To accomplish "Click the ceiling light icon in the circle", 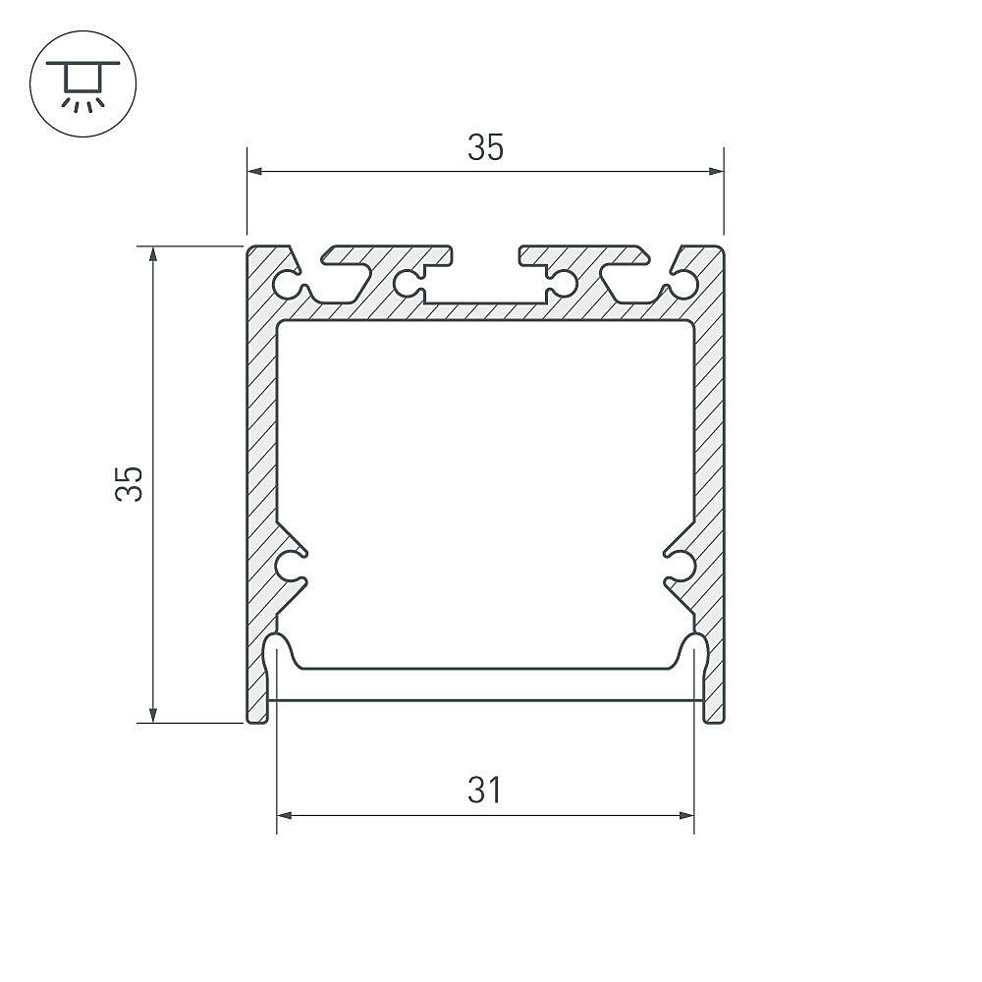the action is click(82, 85).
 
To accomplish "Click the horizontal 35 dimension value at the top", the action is click(485, 148).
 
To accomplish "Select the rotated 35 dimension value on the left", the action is click(129, 483).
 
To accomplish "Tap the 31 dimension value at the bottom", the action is click(485, 790).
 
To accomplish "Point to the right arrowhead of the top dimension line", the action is click(716, 171).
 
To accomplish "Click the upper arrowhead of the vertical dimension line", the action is click(153, 254).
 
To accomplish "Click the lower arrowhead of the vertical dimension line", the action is click(153, 715).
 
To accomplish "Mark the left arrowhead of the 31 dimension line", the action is click(285, 815).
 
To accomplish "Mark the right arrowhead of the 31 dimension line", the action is click(686, 815).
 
